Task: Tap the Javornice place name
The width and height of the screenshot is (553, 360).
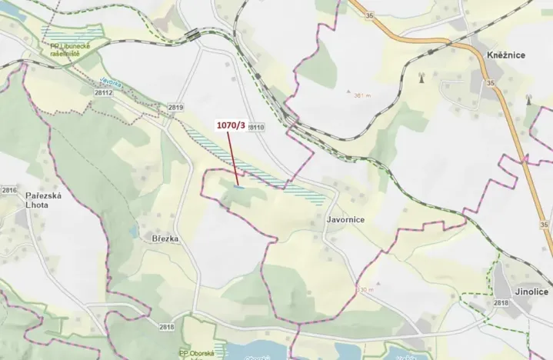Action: [345, 219]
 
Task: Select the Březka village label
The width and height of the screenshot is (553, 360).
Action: [165, 239]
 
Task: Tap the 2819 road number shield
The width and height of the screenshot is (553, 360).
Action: [175, 107]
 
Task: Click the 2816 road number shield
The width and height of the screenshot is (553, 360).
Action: [9, 190]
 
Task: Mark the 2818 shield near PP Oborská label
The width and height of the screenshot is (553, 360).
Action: [167, 327]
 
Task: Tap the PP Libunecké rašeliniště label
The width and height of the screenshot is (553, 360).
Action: [71, 52]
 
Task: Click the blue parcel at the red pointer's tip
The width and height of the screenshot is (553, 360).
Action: [240, 186]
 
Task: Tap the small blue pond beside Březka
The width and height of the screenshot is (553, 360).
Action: [134, 230]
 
